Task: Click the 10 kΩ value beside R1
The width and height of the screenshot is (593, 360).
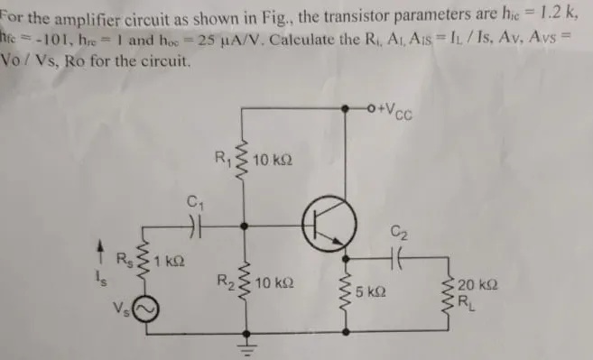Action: coord(273,161)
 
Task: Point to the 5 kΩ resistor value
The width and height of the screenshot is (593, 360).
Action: coord(371,293)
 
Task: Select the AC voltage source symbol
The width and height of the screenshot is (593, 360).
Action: coord(146,311)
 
